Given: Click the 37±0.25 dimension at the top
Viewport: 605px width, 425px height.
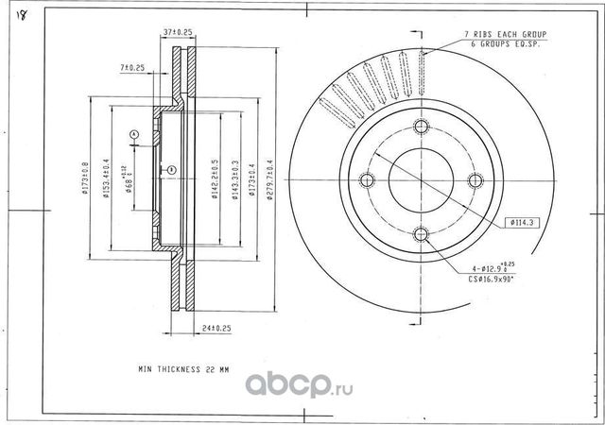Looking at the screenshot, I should click(178, 32).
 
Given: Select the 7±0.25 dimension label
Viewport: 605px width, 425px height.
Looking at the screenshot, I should click(131, 68).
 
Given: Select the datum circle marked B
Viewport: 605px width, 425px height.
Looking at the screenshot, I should click(162, 170).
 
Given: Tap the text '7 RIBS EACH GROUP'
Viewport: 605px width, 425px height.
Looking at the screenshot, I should click(508, 34).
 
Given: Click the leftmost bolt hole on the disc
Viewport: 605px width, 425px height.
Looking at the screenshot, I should click(368, 181).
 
